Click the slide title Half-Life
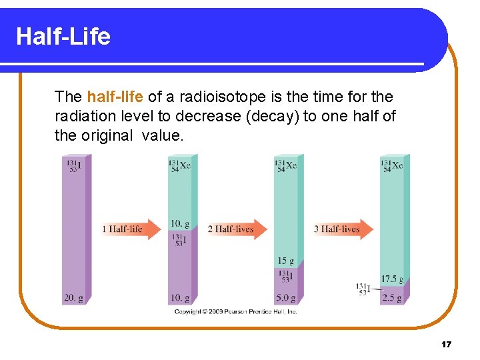(x=63, y=36)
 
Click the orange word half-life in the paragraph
(x=115, y=97)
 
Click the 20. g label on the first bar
(x=73, y=299)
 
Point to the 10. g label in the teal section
(x=179, y=223)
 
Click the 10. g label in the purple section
(x=179, y=298)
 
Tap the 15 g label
(x=286, y=261)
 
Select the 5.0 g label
(x=286, y=298)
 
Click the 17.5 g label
(x=391, y=279)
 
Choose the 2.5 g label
(x=392, y=298)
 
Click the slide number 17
(x=446, y=344)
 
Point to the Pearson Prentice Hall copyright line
(x=235, y=311)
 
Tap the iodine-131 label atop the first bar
(x=73, y=165)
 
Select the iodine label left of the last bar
(x=363, y=289)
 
